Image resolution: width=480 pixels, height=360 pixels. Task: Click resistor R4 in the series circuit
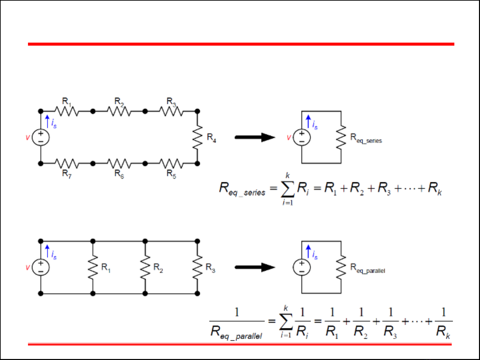(198, 137)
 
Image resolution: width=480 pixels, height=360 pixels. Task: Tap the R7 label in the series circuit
(67, 174)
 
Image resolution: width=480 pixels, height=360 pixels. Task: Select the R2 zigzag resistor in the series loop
(119, 111)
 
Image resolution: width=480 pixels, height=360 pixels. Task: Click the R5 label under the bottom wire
(171, 174)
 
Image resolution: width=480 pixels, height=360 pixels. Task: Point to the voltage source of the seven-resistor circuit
(41, 137)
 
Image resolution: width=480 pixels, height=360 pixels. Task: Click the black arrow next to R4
(255, 137)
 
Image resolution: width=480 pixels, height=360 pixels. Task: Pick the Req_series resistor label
(366, 138)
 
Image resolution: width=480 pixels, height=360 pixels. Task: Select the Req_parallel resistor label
(367, 268)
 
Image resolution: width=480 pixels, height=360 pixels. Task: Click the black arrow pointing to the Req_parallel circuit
(255, 267)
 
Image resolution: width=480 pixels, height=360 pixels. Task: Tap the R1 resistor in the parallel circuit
(93, 267)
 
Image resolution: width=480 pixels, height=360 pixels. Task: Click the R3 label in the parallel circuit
(210, 268)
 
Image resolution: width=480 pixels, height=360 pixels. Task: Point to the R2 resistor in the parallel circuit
(145, 267)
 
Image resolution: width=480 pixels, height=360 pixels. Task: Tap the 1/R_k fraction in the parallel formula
(443, 322)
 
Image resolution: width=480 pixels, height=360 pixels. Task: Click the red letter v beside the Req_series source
(289, 137)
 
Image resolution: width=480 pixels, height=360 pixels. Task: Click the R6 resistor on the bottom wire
(119, 164)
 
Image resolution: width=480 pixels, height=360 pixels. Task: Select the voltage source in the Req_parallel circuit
(302, 267)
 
